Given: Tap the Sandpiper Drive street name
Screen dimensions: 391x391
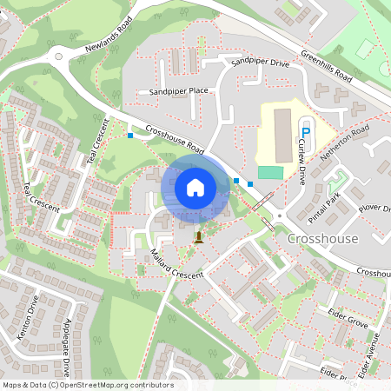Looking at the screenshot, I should tap(260, 63).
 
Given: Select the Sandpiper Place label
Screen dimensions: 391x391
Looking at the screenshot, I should tap(178, 90).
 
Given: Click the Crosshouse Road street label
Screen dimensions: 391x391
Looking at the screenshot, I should tap(175, 138).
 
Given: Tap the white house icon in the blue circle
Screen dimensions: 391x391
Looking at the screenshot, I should tap(195, 187).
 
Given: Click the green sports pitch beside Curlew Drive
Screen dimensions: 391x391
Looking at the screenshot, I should tap(270, 173).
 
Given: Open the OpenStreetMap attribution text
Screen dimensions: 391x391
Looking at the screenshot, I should tap(87, 385).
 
